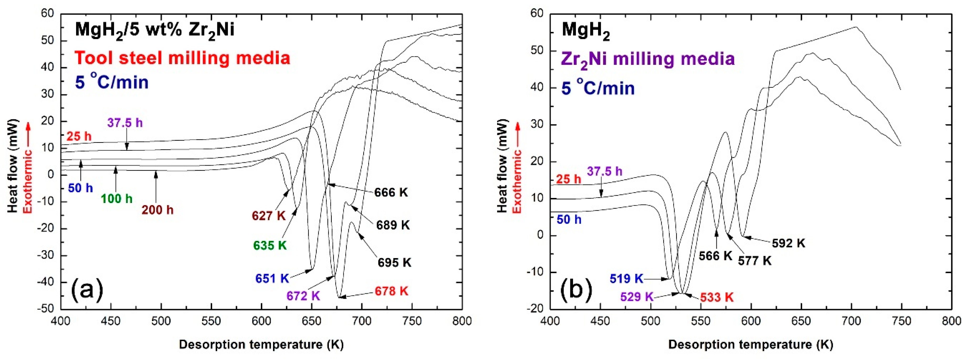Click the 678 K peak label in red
(x=391, y=291)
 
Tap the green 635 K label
(x=270, y=245)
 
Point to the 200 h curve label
(x=157, y=210)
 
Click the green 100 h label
(x=117, y=198)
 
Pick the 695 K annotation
(x=394, y=263)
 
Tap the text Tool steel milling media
(x=183, y=58)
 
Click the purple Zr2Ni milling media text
(x=648, y=59)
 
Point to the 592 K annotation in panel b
(x=788, y=243)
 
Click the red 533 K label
(x=717, y=297)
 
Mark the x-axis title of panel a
(x=261, y=344)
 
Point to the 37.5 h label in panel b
(x=605, y=171)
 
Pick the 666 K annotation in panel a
(x=391, y=192)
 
